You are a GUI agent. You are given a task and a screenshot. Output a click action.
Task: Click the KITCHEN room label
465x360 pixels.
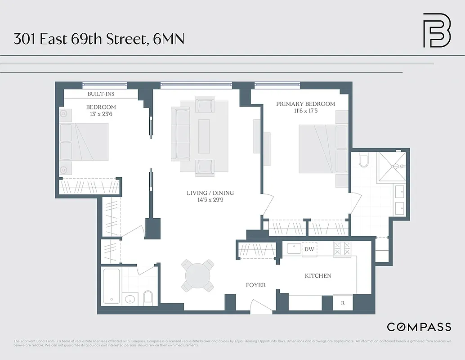point(318,276)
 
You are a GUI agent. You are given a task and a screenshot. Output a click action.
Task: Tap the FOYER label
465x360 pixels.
point(255,285)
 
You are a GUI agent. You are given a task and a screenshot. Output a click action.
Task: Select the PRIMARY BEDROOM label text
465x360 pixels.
point(305,104)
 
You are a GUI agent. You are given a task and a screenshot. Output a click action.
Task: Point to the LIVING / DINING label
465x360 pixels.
point(210,193)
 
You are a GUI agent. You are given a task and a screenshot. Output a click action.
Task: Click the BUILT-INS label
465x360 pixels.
point(101,94)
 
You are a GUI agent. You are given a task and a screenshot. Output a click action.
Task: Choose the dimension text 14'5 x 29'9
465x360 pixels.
point(210,200)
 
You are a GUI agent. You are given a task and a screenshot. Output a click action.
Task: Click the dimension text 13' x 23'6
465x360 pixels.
point(101,114)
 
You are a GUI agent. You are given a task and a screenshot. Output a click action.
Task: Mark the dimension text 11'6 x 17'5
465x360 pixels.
point(305,111)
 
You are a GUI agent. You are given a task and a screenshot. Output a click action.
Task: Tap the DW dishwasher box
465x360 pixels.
point(309,249)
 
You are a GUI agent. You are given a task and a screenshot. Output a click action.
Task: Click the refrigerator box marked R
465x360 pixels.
point(342,303)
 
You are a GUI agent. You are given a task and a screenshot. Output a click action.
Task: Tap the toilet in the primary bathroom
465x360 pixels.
point(364,160)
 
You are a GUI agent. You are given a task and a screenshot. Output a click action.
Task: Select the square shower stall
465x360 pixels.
point(391,166)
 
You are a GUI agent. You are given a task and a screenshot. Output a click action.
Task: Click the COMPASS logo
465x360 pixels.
point(419,327)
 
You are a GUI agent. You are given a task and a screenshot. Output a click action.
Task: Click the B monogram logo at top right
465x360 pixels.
point(437,30)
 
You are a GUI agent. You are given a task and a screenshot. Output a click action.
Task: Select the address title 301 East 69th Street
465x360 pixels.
point(98,39)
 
